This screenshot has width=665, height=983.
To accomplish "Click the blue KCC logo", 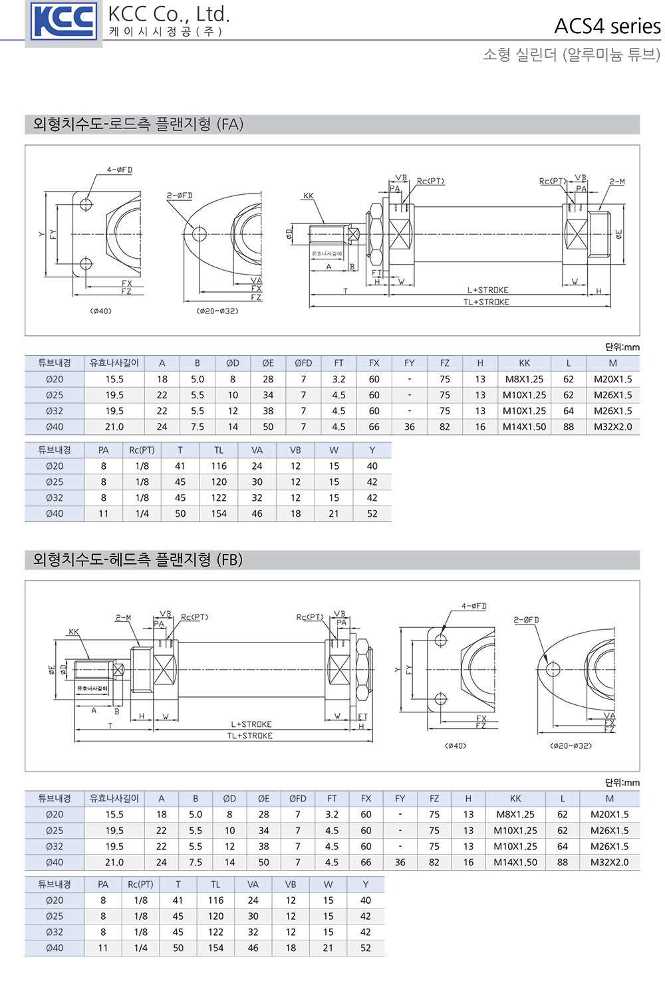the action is pos(64,21).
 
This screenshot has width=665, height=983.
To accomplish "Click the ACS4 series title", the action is pos(607,27).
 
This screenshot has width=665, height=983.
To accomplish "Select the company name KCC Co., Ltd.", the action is pos(169,14).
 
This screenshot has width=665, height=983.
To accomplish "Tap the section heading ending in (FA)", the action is pos(138,124).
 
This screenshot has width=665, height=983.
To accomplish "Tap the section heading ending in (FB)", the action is pos(138,559).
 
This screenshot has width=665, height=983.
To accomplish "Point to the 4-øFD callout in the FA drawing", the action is pos(119,170).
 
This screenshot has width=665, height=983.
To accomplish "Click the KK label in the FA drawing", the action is pos(309,196).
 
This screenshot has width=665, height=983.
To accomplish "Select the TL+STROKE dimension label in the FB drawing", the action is pos(249,736).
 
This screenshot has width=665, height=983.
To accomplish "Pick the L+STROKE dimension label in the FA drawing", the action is pos(487,290).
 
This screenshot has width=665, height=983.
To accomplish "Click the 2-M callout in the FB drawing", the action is pos(123,617).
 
